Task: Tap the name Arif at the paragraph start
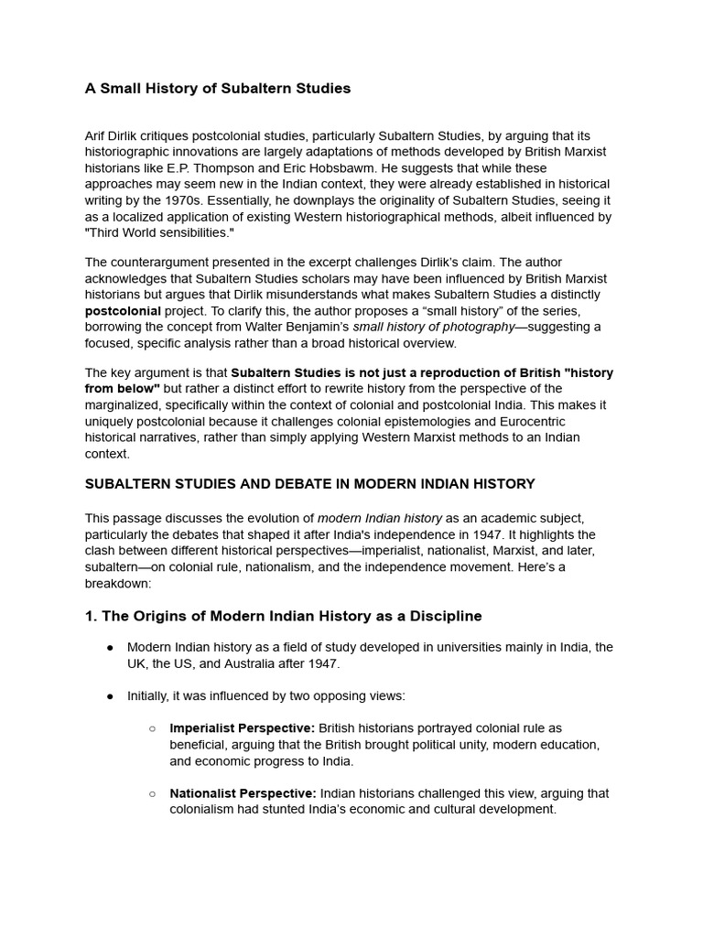point(97,135)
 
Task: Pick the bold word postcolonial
point(123,311)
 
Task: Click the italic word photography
point(474,328)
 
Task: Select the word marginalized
point(128,404)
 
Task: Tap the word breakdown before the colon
point(116,584)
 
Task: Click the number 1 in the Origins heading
point(90,616)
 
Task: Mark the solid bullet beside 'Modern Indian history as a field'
point(110,648)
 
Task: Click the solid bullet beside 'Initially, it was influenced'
point(110,696)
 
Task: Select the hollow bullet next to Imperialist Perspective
point(153,728)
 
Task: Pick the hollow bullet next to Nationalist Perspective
point(153,793)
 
